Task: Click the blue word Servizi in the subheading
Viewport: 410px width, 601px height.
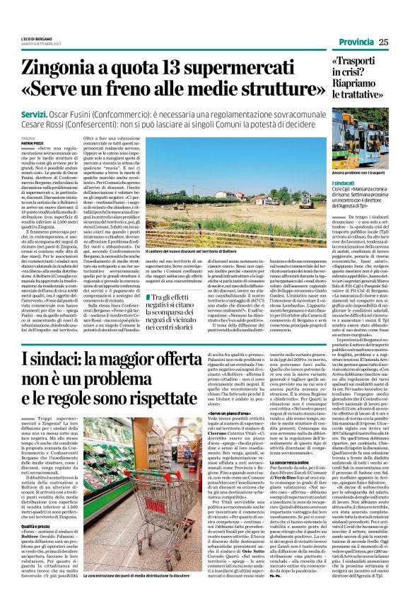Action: (37, 113)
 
